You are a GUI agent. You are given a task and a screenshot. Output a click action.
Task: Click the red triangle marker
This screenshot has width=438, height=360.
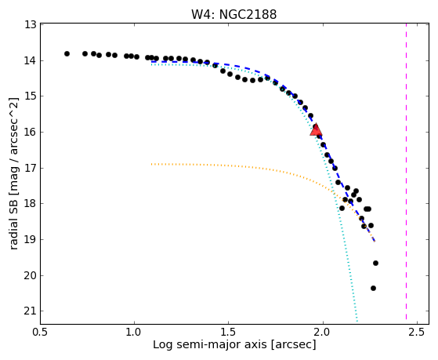click(316, 129)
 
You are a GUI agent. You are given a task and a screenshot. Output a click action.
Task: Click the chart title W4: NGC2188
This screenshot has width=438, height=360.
click(233, 14)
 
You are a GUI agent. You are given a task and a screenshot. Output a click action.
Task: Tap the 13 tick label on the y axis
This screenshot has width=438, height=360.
click(31, 24)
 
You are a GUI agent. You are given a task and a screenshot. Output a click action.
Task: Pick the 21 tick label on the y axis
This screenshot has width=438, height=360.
click(31, 311)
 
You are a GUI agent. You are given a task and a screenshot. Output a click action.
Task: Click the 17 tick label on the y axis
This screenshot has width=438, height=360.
click(31, 168)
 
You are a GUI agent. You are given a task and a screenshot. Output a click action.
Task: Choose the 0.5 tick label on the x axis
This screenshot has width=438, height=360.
click(41, 332)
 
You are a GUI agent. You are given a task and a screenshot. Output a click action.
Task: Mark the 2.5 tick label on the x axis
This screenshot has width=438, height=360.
click(417, 332)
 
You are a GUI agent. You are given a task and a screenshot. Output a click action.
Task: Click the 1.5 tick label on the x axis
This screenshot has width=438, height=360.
click(229, 332)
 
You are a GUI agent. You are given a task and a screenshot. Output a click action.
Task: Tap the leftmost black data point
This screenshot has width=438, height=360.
click(67, 53)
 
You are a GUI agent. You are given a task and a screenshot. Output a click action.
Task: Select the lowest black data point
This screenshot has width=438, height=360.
click(373, 288)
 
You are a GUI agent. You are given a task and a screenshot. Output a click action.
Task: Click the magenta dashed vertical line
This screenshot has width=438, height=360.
click(406, 172)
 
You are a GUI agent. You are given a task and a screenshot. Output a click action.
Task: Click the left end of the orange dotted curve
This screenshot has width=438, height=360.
click(151, 164)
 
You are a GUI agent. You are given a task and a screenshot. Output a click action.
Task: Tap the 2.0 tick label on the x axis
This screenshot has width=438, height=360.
click(323, 332)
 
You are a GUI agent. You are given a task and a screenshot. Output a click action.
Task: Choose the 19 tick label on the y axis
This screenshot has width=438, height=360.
click(31, 239)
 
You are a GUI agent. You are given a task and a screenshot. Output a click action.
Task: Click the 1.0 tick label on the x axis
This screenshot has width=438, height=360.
click(134, 332)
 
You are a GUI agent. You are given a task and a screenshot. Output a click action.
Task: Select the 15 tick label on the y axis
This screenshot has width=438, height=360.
click(31, 96)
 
